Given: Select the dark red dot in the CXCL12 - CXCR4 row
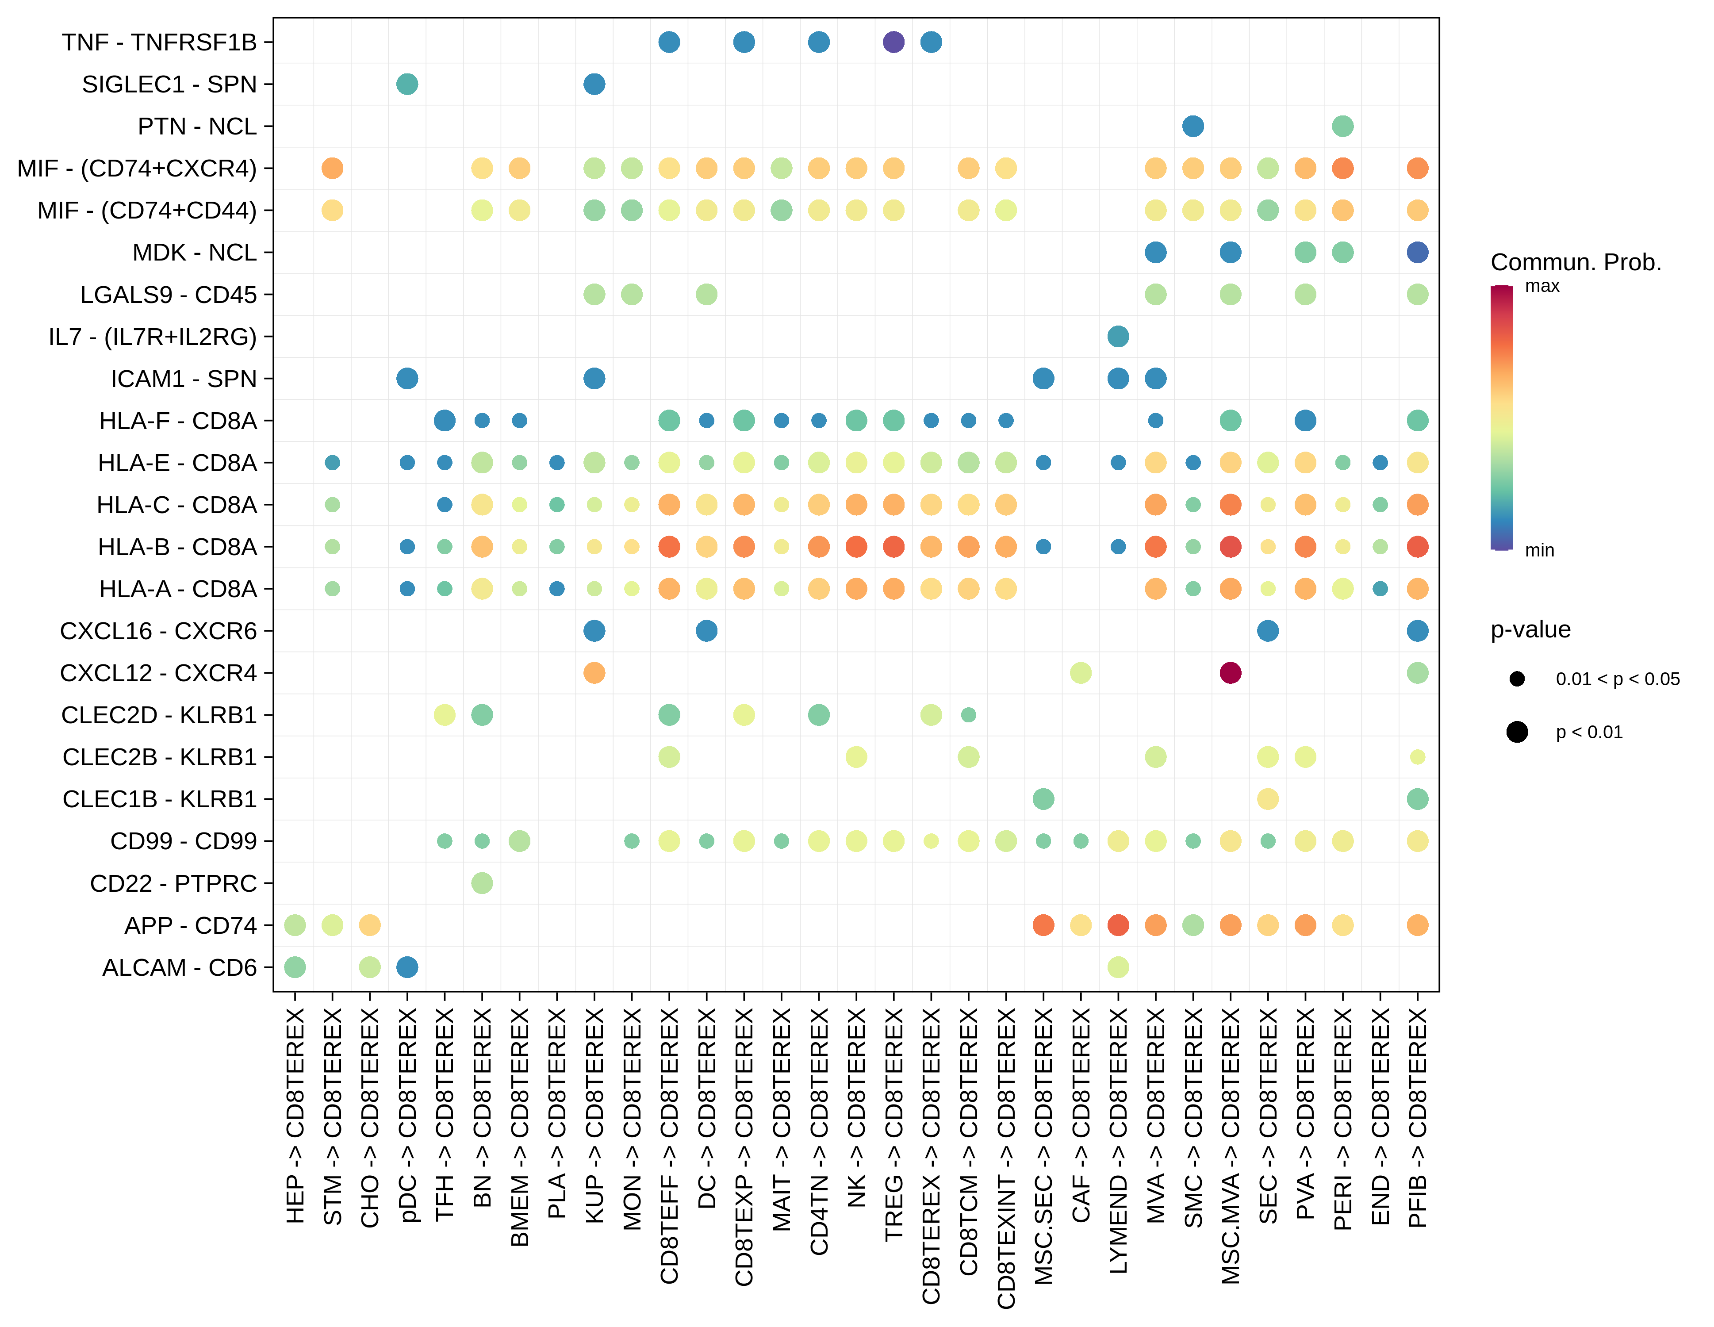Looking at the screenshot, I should [1230, 672].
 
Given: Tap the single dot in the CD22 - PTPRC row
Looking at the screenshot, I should [482, 883].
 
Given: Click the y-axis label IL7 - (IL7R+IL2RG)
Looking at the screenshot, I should [152, 337].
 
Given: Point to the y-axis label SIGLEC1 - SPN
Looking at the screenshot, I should [169, 84].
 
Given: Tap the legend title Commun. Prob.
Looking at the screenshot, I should [1575, 262].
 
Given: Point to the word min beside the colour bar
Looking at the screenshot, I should [1539, 550].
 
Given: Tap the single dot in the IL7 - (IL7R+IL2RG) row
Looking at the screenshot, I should [1118, 337].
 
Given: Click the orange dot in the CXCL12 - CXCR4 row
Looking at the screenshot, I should [594, 672].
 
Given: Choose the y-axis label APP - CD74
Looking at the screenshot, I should [191, 925].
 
